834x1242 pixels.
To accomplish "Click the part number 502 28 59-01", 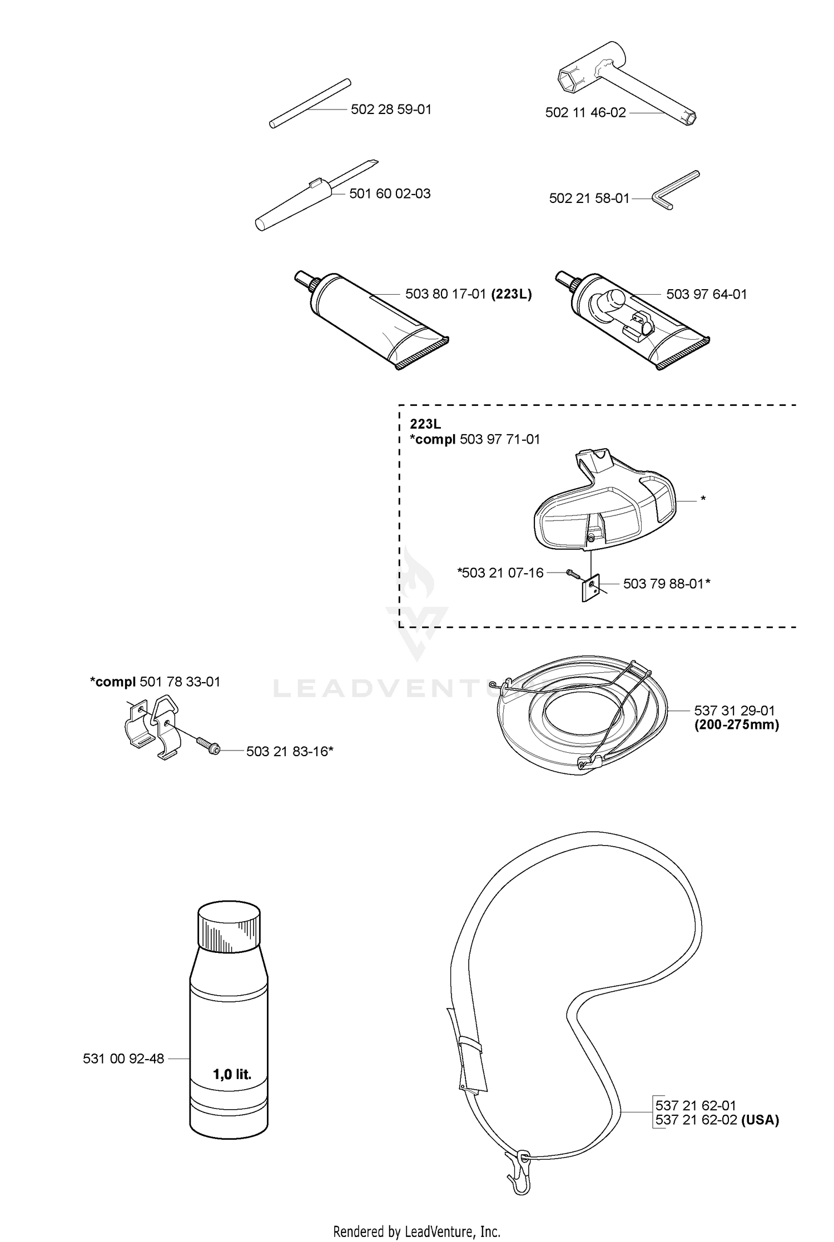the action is point(391,110).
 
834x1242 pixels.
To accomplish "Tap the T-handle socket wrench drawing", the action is point(627,82).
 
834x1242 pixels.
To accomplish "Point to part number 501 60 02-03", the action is point(390,194).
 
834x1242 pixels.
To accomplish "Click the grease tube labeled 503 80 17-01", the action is point(371,321).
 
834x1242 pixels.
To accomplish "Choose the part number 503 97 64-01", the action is point(706,294).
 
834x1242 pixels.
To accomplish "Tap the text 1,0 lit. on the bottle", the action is point(232,1075).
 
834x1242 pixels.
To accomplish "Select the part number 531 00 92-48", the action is point(123,1059).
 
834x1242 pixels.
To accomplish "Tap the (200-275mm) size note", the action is point(737,725).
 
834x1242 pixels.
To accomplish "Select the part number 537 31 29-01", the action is point(734,711).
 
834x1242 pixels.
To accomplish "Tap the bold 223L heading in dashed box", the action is point(425,424).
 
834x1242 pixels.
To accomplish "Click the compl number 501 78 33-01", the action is point(180,682).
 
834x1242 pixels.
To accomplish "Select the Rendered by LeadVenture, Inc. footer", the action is point(417,1231).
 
